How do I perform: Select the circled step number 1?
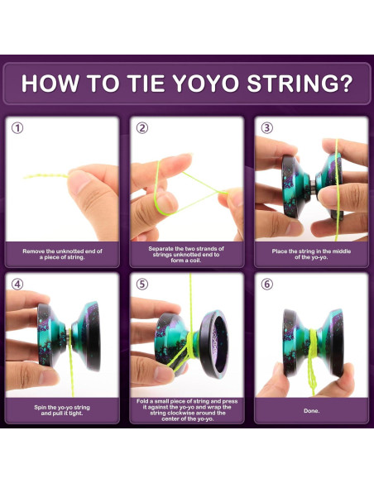coord(17,128)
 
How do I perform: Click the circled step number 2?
coord(142,128)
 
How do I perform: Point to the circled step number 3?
coord(266,128)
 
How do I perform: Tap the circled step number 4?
coord(17,284)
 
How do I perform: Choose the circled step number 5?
coord(142,284)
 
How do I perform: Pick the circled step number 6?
coord(266,284)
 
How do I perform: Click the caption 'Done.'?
coord(310,409)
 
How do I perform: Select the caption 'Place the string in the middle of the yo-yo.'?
coord(310,253)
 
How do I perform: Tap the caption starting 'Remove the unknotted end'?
coord(62,253)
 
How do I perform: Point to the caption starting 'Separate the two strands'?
coord(186,253)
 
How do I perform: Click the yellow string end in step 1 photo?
coord(33,175)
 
